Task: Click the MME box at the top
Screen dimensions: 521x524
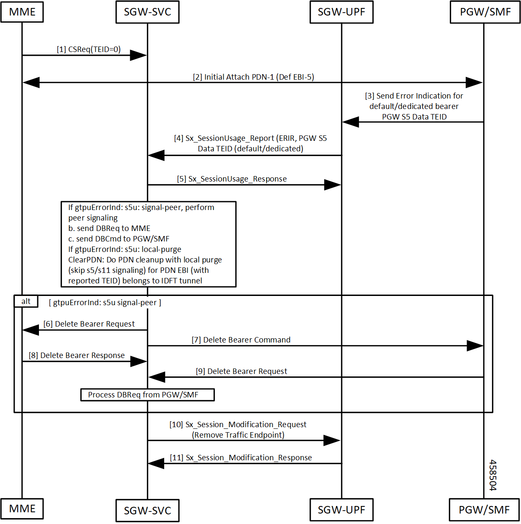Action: coord(22,12)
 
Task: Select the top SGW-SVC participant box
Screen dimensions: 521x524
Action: coord(147,12)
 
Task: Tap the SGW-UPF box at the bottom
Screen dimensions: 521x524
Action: coord(341,510)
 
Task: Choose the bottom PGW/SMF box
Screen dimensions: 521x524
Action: coord(484,510)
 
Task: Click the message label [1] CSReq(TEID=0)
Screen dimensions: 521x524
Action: coord(89,49)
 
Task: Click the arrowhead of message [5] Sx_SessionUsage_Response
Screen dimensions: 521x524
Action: coord(333,185)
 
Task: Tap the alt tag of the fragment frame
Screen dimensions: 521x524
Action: coord(26,301)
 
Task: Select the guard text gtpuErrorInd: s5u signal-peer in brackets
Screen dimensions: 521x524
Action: coord(105,303)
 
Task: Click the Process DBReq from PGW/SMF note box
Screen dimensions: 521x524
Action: coord(147,394)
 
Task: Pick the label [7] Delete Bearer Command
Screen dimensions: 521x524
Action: coord(241,340)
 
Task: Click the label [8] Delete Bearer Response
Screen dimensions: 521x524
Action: coord(77,355)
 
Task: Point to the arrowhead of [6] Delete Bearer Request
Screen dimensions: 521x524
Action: coord(31,330)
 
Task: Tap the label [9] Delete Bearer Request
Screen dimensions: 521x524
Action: coord(242,371)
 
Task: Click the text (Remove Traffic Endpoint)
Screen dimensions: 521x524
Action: coord(238,435)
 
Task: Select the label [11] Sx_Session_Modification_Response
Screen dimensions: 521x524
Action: coord(241,458)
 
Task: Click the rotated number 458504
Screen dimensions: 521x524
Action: coord(493,475)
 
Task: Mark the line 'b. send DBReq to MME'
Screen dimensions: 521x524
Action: coord(109,228)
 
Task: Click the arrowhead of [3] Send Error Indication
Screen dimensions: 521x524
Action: coord(351,122)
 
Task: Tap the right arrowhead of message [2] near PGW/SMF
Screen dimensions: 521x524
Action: coord(474,83)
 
